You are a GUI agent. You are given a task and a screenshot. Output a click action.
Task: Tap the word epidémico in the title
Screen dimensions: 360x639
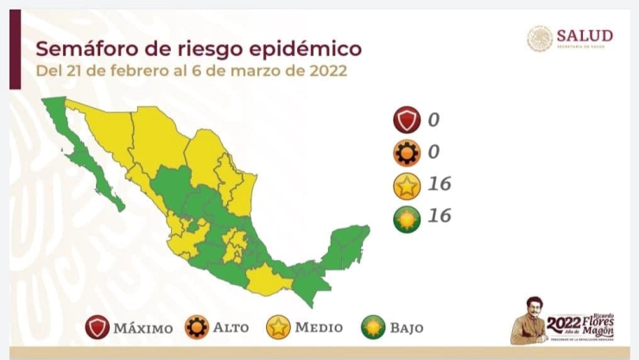click(303, 47)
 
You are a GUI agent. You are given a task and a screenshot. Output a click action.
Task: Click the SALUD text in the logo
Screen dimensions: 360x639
click(585, 35)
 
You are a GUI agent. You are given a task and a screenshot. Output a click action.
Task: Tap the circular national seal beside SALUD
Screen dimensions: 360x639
click(540, 38)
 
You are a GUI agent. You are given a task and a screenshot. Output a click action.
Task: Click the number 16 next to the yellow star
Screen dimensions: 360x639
click(439, 184)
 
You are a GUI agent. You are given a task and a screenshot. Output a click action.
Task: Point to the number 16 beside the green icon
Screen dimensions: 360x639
click(439, 216)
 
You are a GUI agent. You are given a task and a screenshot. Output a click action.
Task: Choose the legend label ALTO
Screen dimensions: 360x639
click(231, 328)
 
